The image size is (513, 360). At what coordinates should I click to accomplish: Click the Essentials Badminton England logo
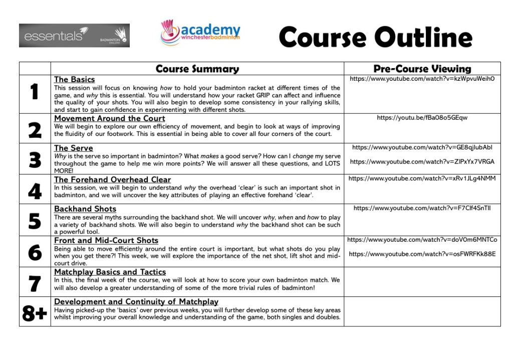point(74,36)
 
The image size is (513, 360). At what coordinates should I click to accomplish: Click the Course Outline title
point(375,38)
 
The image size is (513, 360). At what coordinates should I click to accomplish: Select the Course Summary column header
point(197,69)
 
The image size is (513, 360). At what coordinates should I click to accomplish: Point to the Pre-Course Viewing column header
point(422,69)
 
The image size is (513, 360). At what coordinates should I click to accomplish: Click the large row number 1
point(34,93)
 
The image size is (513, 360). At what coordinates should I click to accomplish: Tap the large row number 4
point(34,190)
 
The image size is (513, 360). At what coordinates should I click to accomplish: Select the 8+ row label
point(34,312)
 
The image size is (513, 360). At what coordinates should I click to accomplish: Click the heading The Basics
point(74,79)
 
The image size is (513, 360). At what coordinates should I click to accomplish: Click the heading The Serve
point(73,148)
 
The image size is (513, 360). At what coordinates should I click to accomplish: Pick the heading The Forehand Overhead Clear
point(112,179)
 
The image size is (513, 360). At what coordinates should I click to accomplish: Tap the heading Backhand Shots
point(85,209)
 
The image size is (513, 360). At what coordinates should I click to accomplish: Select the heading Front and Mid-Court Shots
point(106,240)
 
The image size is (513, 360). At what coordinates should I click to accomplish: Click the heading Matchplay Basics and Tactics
point(110,272)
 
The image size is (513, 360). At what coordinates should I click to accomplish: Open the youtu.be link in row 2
point(422,118)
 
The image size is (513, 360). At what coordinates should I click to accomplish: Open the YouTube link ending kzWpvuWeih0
point(422,79)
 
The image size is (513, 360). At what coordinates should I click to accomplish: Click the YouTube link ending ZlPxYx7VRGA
point(422,161)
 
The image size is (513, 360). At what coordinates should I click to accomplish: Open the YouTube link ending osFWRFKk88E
point(422,254)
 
